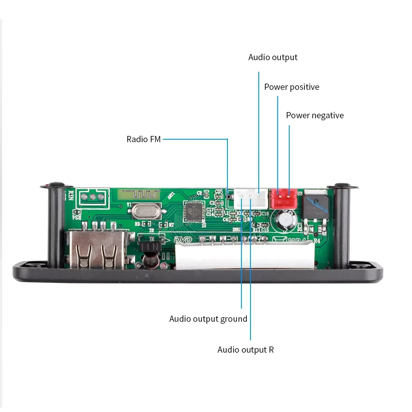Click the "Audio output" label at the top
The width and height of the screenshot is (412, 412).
(273, 57)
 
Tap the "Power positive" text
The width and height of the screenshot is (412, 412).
(292, 87)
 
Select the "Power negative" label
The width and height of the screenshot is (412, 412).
(315, 115)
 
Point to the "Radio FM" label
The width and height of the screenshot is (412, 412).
(143, 139)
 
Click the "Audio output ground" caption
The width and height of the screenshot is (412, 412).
(208, 319)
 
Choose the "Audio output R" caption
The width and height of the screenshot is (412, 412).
(246, 350)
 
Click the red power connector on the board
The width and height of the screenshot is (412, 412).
(283, 198)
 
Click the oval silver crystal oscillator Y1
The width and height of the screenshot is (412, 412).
(145, 211)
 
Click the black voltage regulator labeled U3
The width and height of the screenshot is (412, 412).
(316, 206)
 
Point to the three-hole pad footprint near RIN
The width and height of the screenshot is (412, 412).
(92, 197)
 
